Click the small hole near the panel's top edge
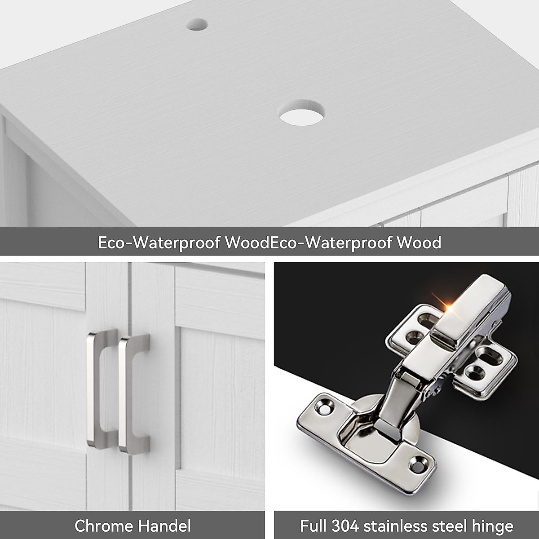pyautogui.click(x=197, y=24)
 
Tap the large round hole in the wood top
pyautogui.click(x=301, y=113)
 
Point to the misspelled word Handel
pyautogui.click(x=167, y=526)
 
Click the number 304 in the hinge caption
pyautogui.click(x=345, y=526)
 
